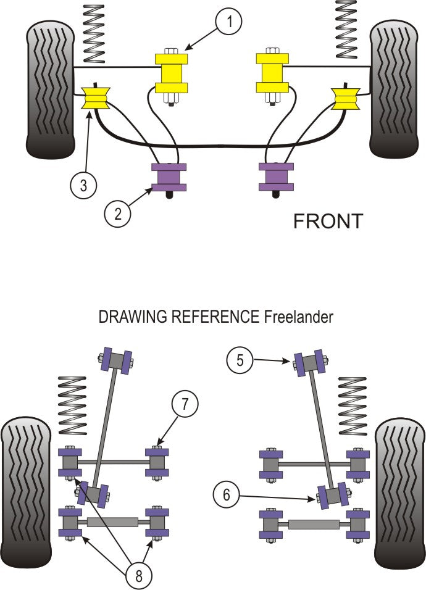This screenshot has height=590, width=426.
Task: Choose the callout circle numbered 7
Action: [x=185, y=405]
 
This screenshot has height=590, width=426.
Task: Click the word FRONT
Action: [x=328, y=221]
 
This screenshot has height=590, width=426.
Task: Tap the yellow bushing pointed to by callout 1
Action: [x=170, y=72]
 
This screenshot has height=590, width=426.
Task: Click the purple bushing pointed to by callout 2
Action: [x=169, y=178]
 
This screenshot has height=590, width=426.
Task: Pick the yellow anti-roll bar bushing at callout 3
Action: [x=96, y=99]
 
